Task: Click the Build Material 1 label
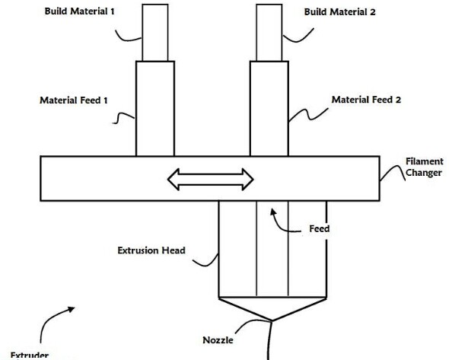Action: coord(79,11)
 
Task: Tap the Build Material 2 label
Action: coord(339,12)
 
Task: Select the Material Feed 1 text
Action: coord(74,100)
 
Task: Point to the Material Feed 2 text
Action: coord(366,100)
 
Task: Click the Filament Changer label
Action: coord(425,167)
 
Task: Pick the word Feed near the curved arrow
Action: coord(320,228)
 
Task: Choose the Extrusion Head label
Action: coord(151,250)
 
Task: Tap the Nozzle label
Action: coord(218,340)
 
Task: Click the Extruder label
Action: coord(30,355)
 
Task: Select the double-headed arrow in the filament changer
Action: coord(211,180)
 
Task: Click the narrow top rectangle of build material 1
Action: coord(155,33)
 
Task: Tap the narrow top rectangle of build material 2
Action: coord(269,33)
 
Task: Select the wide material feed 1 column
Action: coord(155,109)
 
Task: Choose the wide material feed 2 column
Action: coord(269,109)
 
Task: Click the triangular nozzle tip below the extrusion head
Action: coord(272,309)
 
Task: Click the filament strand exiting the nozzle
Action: coord(269,340)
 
